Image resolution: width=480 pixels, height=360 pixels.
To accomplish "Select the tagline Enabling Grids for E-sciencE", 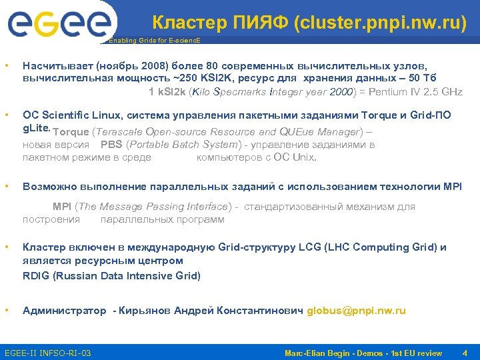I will point(154,41).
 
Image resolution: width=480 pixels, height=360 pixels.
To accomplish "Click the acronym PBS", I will point(112,145).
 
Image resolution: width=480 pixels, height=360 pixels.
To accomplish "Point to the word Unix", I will point(306,158).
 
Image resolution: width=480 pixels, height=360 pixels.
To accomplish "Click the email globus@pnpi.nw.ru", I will point(356,311).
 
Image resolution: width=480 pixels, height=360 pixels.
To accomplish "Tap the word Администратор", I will point(64,311).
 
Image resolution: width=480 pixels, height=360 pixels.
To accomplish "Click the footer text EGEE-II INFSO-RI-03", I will point(48,352).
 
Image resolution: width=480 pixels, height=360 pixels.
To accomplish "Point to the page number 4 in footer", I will point(465,352).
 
